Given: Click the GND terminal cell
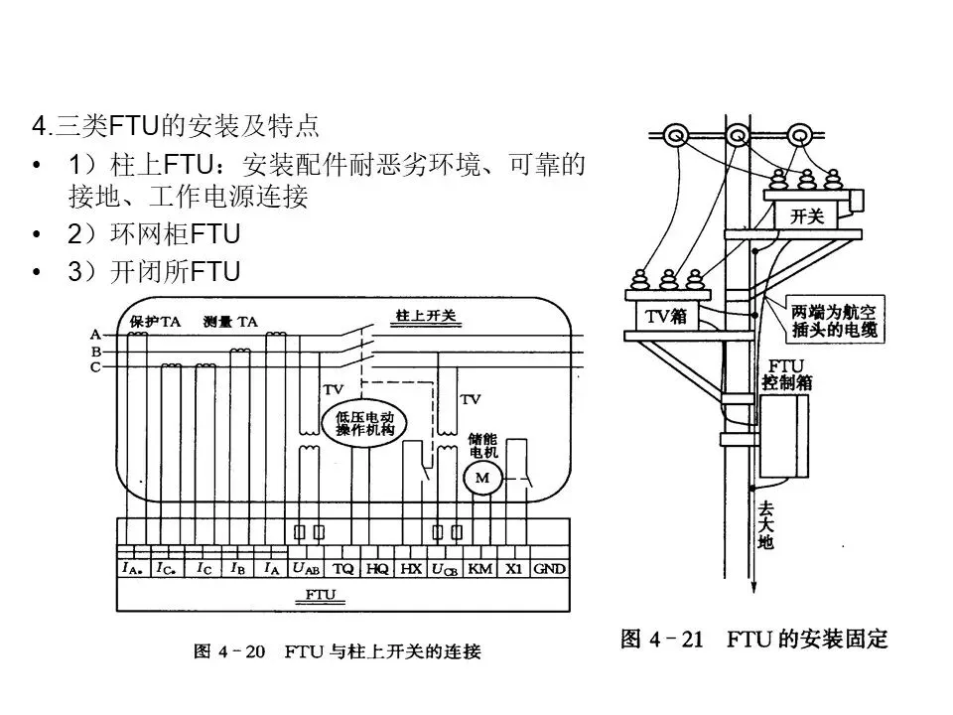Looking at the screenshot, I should [549, 569].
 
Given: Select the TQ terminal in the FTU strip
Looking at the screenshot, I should [342, 569].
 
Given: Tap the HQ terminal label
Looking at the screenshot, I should [377, 569].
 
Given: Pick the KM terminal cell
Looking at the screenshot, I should [479, 569].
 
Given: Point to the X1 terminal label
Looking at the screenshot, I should [513, 569].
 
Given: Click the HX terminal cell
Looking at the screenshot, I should [411, 569].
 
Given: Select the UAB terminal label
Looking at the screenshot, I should [306, 569].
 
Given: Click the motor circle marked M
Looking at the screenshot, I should [483, 479].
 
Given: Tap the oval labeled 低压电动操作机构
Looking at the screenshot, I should [365, 423].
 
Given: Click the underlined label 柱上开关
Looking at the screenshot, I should [424, 316].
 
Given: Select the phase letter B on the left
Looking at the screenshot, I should [95, 351].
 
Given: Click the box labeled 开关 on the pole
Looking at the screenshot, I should [806, 214].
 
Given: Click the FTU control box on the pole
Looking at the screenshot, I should [785, 436].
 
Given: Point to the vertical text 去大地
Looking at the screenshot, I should [765, 525].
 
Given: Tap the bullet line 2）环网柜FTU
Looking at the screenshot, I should [154, 234].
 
